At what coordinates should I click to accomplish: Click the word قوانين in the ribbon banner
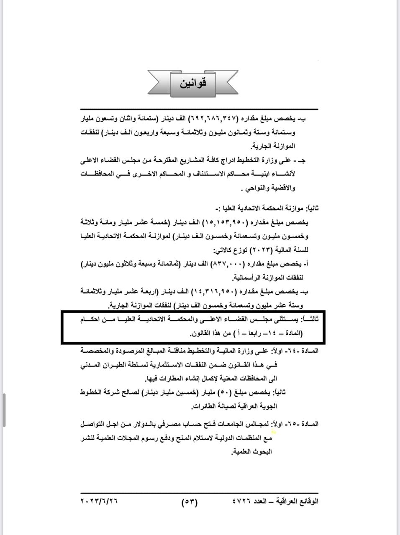coord(193,83)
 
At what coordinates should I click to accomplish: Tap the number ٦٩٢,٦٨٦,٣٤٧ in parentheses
coord(214,119)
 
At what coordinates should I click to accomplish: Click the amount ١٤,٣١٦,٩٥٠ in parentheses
coord(213,291)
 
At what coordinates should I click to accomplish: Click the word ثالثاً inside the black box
coord(310,320)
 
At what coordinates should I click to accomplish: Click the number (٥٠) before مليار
coord(237,392)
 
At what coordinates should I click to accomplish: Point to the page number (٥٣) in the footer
coord(190,502)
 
